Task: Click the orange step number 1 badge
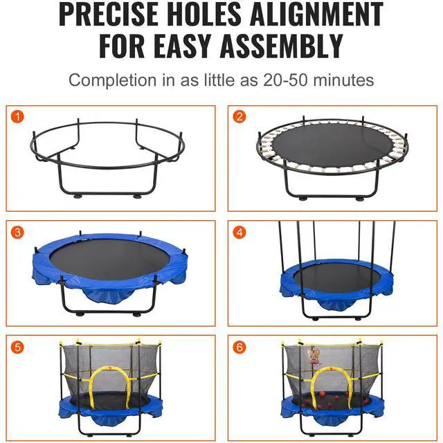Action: [17, 117]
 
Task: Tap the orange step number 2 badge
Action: [239, 117]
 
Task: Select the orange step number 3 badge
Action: [17, 233]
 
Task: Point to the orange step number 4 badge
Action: [239, 233]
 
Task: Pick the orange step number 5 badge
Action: [17, 347]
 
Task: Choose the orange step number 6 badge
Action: [239, 347]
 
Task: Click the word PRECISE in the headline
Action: [109, 14]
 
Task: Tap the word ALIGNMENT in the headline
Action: [316, 14]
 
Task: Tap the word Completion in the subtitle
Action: [112, 81]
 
